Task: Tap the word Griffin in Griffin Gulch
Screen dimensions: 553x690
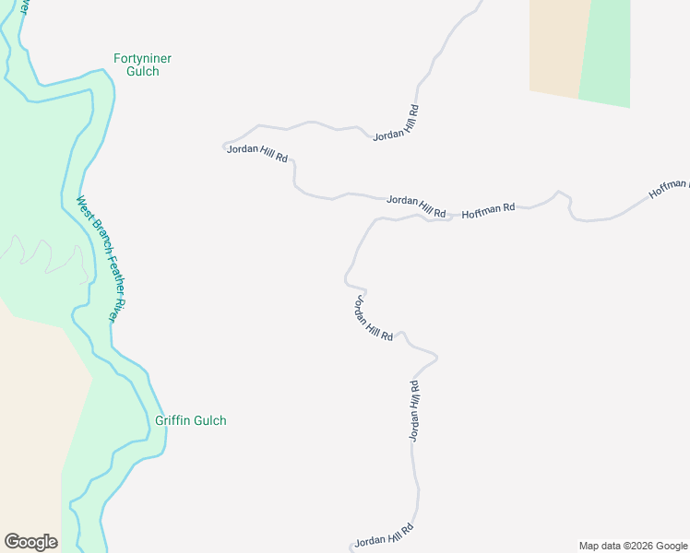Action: click(x=172, y=421)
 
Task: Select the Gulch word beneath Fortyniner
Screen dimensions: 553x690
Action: click(x=143, y=72)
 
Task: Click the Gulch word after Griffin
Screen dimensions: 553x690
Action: click(x=209, y=421)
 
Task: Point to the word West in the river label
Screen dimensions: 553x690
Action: click(x=83, y=209)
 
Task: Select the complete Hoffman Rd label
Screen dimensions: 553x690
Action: click(x=488, y=210)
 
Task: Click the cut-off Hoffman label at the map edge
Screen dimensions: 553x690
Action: click(x=669, y=189)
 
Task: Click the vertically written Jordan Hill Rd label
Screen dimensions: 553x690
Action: click(x=415, y=410)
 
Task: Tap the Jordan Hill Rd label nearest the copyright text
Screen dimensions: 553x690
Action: click(x=383, y=535)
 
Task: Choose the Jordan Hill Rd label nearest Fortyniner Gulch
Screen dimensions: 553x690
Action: click(x=257, y=153)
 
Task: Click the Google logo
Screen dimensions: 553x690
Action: click(x=30, y=542)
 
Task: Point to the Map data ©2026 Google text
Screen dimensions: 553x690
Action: click(x=633, y=546)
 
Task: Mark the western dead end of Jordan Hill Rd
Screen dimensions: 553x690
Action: click(x=224, y=146)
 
